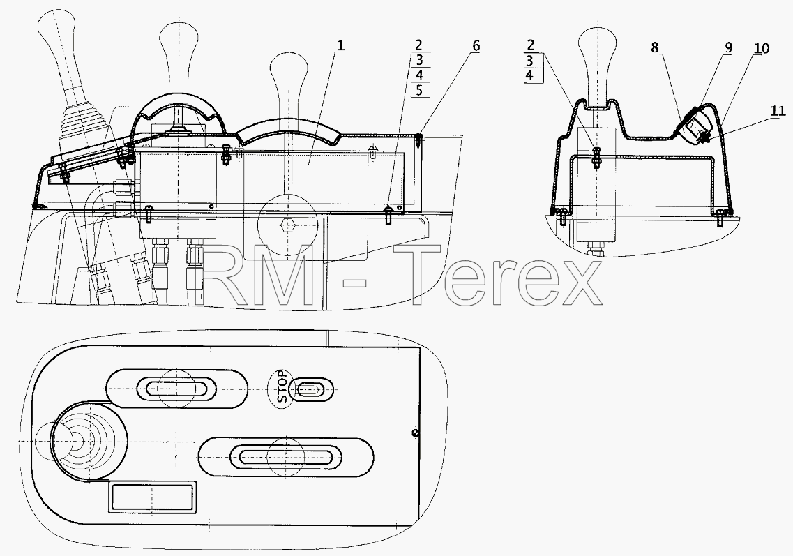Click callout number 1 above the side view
[x=340, y=45]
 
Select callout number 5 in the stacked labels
[x=419, y=91]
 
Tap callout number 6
[x=476, y=45]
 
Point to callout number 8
[x=654, y=47]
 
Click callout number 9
[x=727, y=47]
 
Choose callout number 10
[x=762, y=49]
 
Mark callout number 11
[x=778, y=111]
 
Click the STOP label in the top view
[x=282, y=387]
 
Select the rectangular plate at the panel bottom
[x=152, y=496]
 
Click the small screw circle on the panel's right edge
[x=415, y=433]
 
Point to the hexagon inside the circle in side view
[x=288, y=224]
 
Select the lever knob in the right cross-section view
[x=598, y=66]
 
